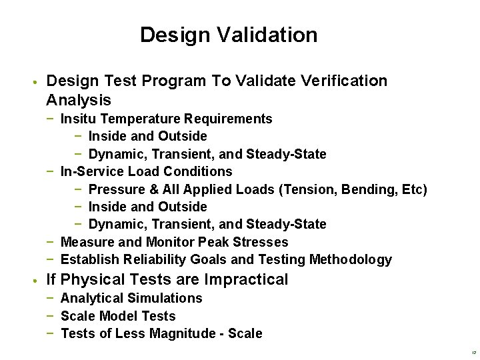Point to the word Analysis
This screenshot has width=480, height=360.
(x=79, y=101)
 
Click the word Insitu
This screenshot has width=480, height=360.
(x=78, y=119)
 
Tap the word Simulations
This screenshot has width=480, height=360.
(x=165, y=298)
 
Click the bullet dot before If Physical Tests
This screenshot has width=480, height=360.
(x=33, y=281)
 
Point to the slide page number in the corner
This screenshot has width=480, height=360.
(x=473, y=353)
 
